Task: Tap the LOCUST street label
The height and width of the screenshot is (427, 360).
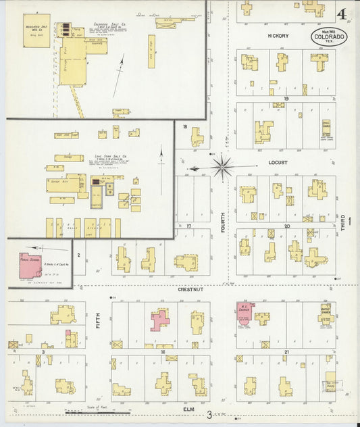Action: click(278, 163)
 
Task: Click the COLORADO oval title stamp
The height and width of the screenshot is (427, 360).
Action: click(329, 37)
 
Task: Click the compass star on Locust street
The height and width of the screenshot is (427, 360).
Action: click(222, 165)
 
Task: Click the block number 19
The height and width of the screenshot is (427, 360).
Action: click(286, 99)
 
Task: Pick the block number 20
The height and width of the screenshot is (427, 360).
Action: click(286, 226)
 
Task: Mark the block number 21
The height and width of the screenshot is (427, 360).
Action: click(286, 352)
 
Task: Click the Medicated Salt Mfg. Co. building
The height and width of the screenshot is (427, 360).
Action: click(36, 30)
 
